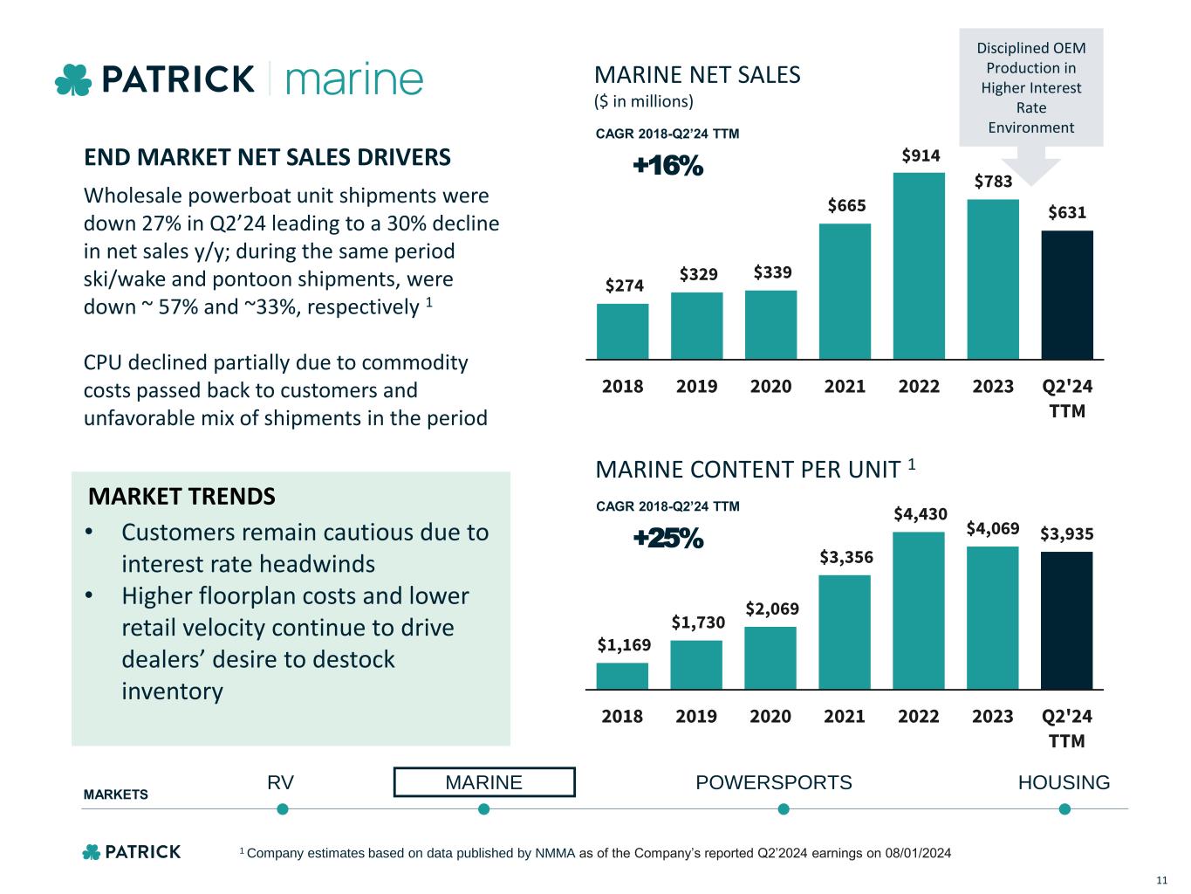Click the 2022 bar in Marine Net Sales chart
(919, 265)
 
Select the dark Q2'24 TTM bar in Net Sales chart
(1066, 294)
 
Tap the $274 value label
(624, 285)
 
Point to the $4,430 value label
(920, 514)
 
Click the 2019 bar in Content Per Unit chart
(696, 664)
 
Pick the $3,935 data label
(1066, 533)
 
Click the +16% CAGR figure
(667, 166)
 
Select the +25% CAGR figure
(667, 540)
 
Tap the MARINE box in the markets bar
(484, 782)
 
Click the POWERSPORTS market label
(773, 782)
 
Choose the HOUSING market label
(1064, 782)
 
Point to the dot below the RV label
(282, 809)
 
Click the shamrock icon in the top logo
(73, 80)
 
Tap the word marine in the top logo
(354, 79)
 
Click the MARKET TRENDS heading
(181, 497)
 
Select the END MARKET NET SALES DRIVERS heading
(267, 157)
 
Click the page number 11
(1161, 879)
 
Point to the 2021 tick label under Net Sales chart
(845, 386)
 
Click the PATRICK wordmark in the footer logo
(142, 852)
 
